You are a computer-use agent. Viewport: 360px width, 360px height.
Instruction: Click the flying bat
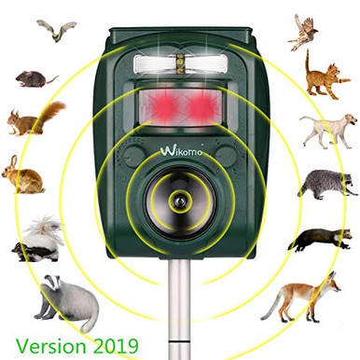click(57, 32)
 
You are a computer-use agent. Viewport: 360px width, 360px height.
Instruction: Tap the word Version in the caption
click(47, 342)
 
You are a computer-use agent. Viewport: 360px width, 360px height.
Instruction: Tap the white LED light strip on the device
click(180, 64)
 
